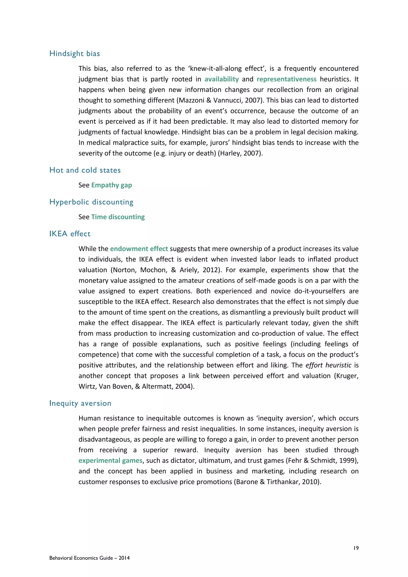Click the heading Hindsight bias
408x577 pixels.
[75, 54]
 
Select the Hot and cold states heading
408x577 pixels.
[85, 170]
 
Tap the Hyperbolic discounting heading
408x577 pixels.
[91, 202]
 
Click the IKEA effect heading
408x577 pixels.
[70, 234]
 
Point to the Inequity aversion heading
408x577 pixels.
[80, 403]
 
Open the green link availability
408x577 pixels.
[221, 79]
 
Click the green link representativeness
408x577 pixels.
[286, 79]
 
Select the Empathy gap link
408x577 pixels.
[112, 185]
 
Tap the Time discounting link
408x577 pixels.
[118, 217]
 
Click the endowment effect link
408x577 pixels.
[139, 249]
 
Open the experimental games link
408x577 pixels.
[111, 461]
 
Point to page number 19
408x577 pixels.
[356, 548]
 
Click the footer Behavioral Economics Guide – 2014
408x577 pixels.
[89, 558]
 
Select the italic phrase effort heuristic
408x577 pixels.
[328, 365]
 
